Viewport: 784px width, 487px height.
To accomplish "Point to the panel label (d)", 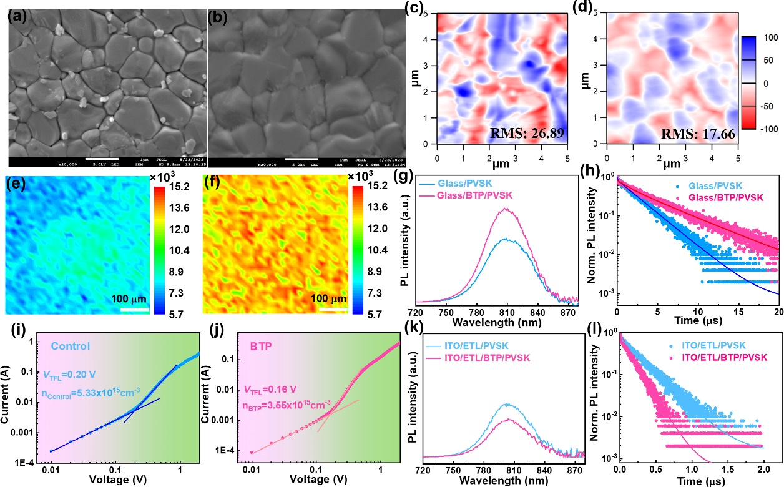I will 576,9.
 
